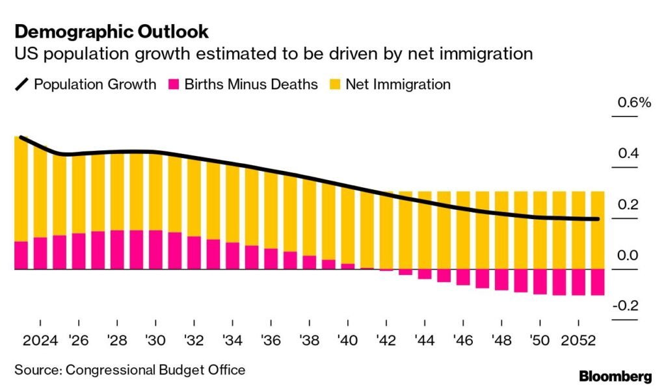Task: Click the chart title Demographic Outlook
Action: coord(112,32)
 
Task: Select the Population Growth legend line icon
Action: coord(21,84)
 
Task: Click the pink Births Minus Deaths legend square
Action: coord(173,84)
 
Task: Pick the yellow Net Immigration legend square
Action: coord(335,84)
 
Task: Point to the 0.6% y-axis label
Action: coord(634,102)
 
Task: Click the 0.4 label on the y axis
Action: coord(628,153)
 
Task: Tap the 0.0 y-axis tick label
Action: coord(628,255)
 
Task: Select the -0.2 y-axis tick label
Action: coord(626,306)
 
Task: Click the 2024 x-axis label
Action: coord(40,341)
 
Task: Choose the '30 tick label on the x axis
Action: coord(155,341)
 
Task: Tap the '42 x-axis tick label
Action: coord(386,341)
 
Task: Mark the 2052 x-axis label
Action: coord(578,341)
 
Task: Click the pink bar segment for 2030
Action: coord(155,250)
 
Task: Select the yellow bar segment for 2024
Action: coord(40,192)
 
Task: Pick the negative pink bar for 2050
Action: coord(540,282)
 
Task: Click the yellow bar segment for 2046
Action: coord(463,230)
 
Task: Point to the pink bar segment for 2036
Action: coord(271,259)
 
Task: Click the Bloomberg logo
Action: coord(615,376)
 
